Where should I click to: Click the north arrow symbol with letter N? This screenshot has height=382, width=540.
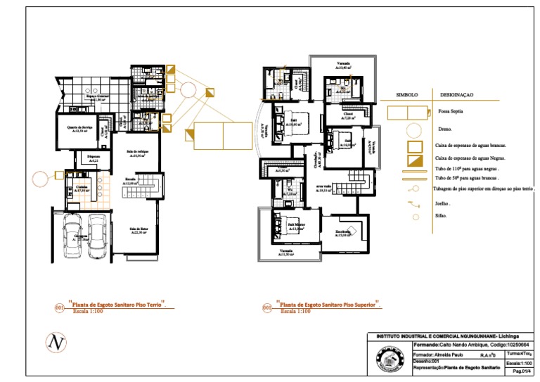coord(55,343)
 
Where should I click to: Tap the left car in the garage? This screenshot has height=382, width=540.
coord(72,237)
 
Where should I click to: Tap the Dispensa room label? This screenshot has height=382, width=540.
coord(93,158)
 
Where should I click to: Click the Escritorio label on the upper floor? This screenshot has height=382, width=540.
coord(343,233)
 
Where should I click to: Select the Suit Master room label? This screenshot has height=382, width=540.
coord(295,226)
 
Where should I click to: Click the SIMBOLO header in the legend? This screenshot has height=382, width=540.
coord(407,94)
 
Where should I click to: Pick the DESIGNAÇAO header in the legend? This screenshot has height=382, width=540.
coord(457,94)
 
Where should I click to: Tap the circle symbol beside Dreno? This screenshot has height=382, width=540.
coord(416,129)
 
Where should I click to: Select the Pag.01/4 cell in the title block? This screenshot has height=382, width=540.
coord(521,369)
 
